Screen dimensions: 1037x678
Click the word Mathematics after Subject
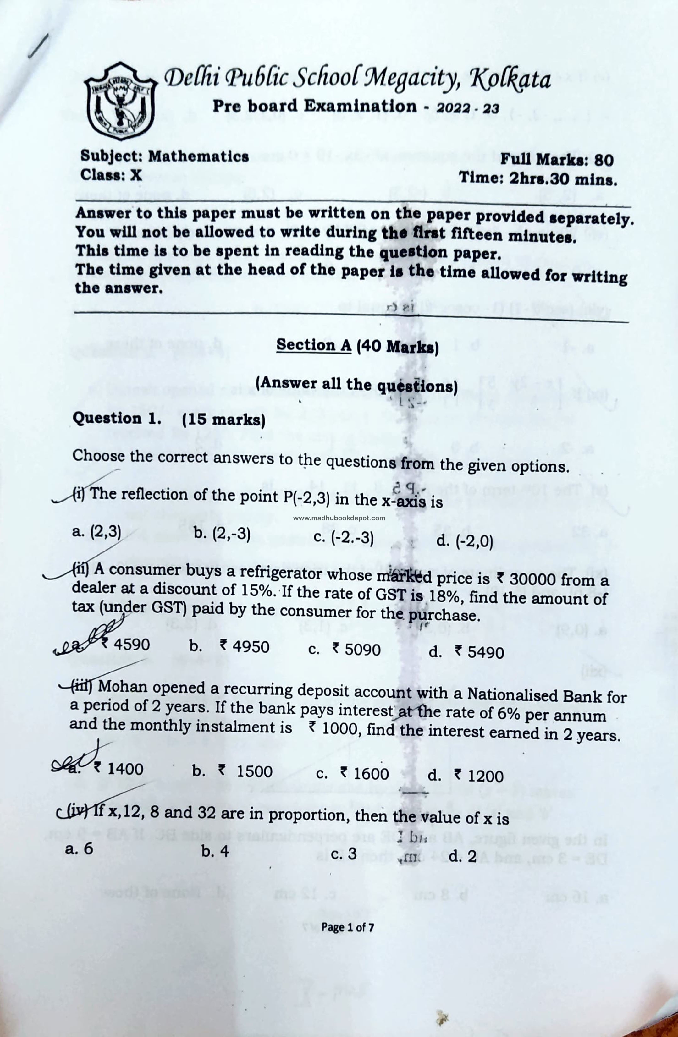pyautogui.click(x=198, y=156)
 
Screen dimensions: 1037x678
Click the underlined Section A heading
pyautogui.click(x=314, y=345)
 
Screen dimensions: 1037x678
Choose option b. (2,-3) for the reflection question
pyautogui.click(x=222, y=534)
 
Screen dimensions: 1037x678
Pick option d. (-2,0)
pyautogui.click(x=465, y=541)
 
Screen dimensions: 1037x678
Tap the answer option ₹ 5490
pyautogui.click(x=479, y=652)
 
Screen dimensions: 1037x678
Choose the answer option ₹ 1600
pyautogui.click(x=365, y=773)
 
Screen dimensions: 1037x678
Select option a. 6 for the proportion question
pyautogui.click(x=79, y=848)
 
